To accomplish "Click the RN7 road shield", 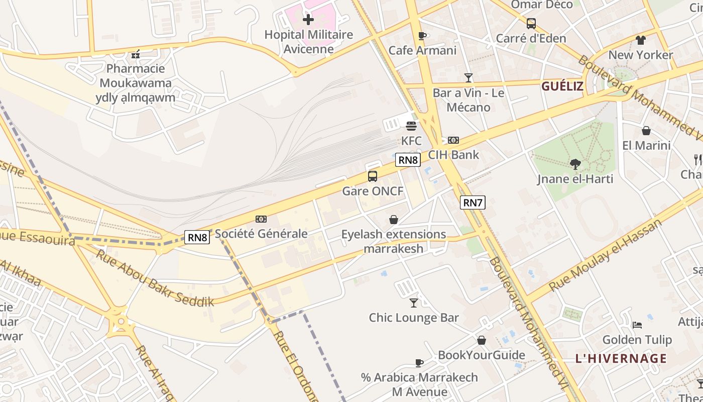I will point(473,203).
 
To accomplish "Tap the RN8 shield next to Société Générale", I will point(197,237).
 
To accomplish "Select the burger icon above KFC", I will point(411,126).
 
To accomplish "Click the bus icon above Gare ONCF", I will point(372,176).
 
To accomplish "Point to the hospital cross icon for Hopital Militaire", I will point(308,20).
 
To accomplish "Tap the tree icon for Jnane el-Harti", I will point(575,164).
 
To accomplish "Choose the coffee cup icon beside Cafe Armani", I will point(422,36).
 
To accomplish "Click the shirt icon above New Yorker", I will point(640,40).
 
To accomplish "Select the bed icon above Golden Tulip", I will point(637,325).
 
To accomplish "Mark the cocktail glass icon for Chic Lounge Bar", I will point(414,303).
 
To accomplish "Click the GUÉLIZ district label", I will point(562,86).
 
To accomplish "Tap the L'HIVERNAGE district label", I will point(621,359).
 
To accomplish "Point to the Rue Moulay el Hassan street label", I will point(605,256).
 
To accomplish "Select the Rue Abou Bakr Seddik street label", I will point(155,278).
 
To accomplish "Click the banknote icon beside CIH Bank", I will point(453,140).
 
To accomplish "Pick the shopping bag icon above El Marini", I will point(646,131).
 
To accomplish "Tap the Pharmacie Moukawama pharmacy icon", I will point(135,54).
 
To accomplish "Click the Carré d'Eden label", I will point(531,38).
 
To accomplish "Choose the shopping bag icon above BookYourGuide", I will point(482,340).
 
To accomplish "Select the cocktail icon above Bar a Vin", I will point(468,77).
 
